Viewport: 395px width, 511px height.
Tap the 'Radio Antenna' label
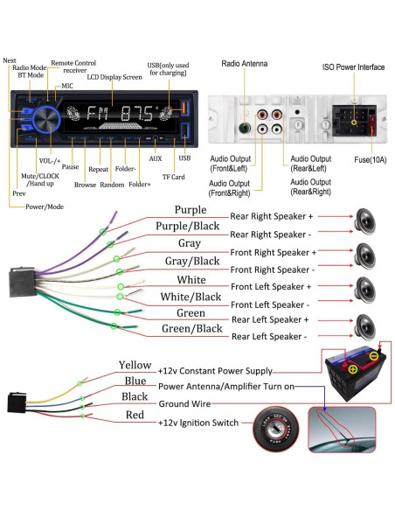245,64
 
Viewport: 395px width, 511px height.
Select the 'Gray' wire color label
191,243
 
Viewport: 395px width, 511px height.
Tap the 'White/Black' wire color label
191,297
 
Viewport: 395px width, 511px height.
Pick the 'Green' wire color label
191,312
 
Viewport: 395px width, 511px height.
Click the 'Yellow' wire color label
135,365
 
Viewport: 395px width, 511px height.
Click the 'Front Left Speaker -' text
271,304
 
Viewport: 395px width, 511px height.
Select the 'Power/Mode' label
44,206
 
